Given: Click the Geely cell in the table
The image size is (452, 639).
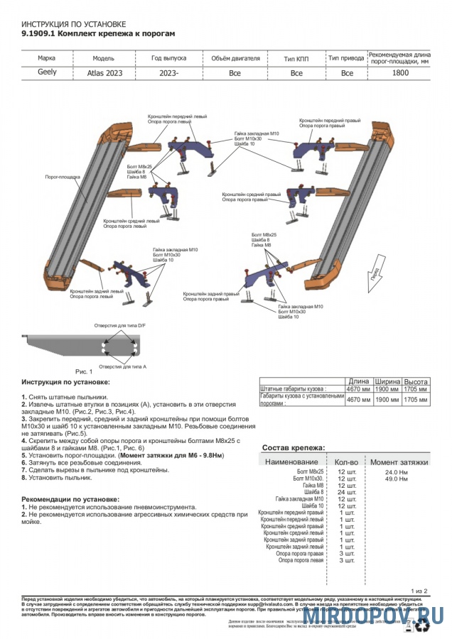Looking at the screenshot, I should (48, 72).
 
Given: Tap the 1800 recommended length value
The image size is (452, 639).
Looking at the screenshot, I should (400, 72).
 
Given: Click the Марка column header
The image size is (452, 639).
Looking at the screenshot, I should (47, 58).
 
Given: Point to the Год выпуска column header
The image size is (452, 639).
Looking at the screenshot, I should (168, 58).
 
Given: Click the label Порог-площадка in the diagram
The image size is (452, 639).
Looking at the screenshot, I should (63, 176).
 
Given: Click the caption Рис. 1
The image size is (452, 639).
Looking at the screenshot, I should (84, 371).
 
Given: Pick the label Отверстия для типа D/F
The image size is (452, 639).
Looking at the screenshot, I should (116, 325).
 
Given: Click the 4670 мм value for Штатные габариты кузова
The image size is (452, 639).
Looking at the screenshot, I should (357, 389).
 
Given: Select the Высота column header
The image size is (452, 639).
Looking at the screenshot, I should (416, 381).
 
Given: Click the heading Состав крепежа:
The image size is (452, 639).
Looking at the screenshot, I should (294, 448).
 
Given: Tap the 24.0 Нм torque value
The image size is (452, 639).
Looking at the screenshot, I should (396, 471).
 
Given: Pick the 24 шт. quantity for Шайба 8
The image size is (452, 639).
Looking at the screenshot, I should (346, 491).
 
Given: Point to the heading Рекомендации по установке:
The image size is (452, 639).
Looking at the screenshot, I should (70, 499).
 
